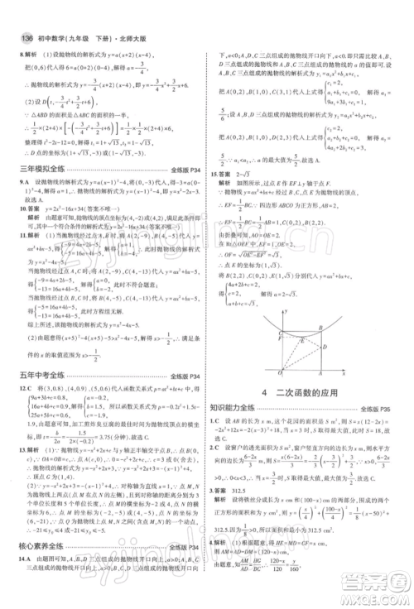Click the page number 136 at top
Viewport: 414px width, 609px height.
coord(16,13)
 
